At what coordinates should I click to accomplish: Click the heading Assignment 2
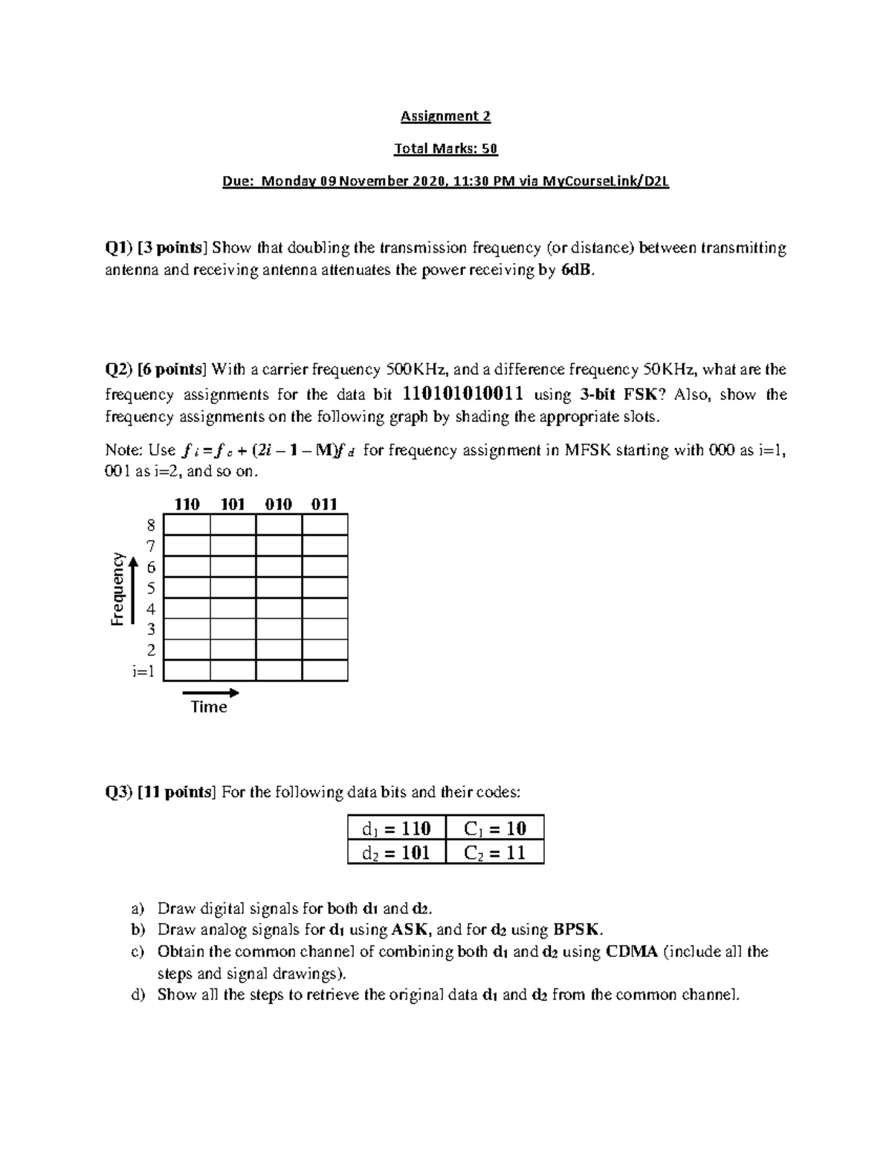(445, 116)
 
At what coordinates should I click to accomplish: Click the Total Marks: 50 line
(445, 149)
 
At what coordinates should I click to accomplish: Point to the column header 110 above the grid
(187, 505)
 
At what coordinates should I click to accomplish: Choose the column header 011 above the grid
(325, 505)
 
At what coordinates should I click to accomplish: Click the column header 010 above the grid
(279, 505)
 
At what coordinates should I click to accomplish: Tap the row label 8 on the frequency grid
(151, 525)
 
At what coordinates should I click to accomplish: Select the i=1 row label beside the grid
(143, 672)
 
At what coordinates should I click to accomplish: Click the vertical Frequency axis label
(117, 589)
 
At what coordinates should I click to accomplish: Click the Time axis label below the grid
(209, 707)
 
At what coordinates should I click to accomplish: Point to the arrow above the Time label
(211, 693)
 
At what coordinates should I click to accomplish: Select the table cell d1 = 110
(396, 828)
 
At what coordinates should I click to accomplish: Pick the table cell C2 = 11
(494, 852)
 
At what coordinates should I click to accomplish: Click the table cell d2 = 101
(396, 852)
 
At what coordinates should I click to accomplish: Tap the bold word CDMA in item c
(632, 952)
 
